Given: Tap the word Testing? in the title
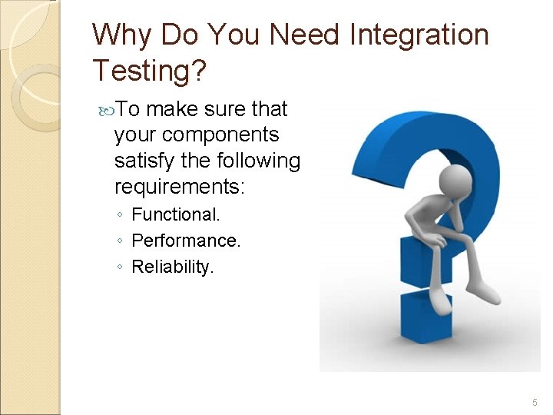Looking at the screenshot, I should (x=150, y=71).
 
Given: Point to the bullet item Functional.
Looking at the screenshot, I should (x=176, y=214).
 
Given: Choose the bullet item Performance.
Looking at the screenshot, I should (x=186, y=241).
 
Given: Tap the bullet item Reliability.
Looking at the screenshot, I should (x=174, y=267).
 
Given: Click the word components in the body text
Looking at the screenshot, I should (x=221, y=135).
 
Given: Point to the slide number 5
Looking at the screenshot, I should (x=535, y=403).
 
